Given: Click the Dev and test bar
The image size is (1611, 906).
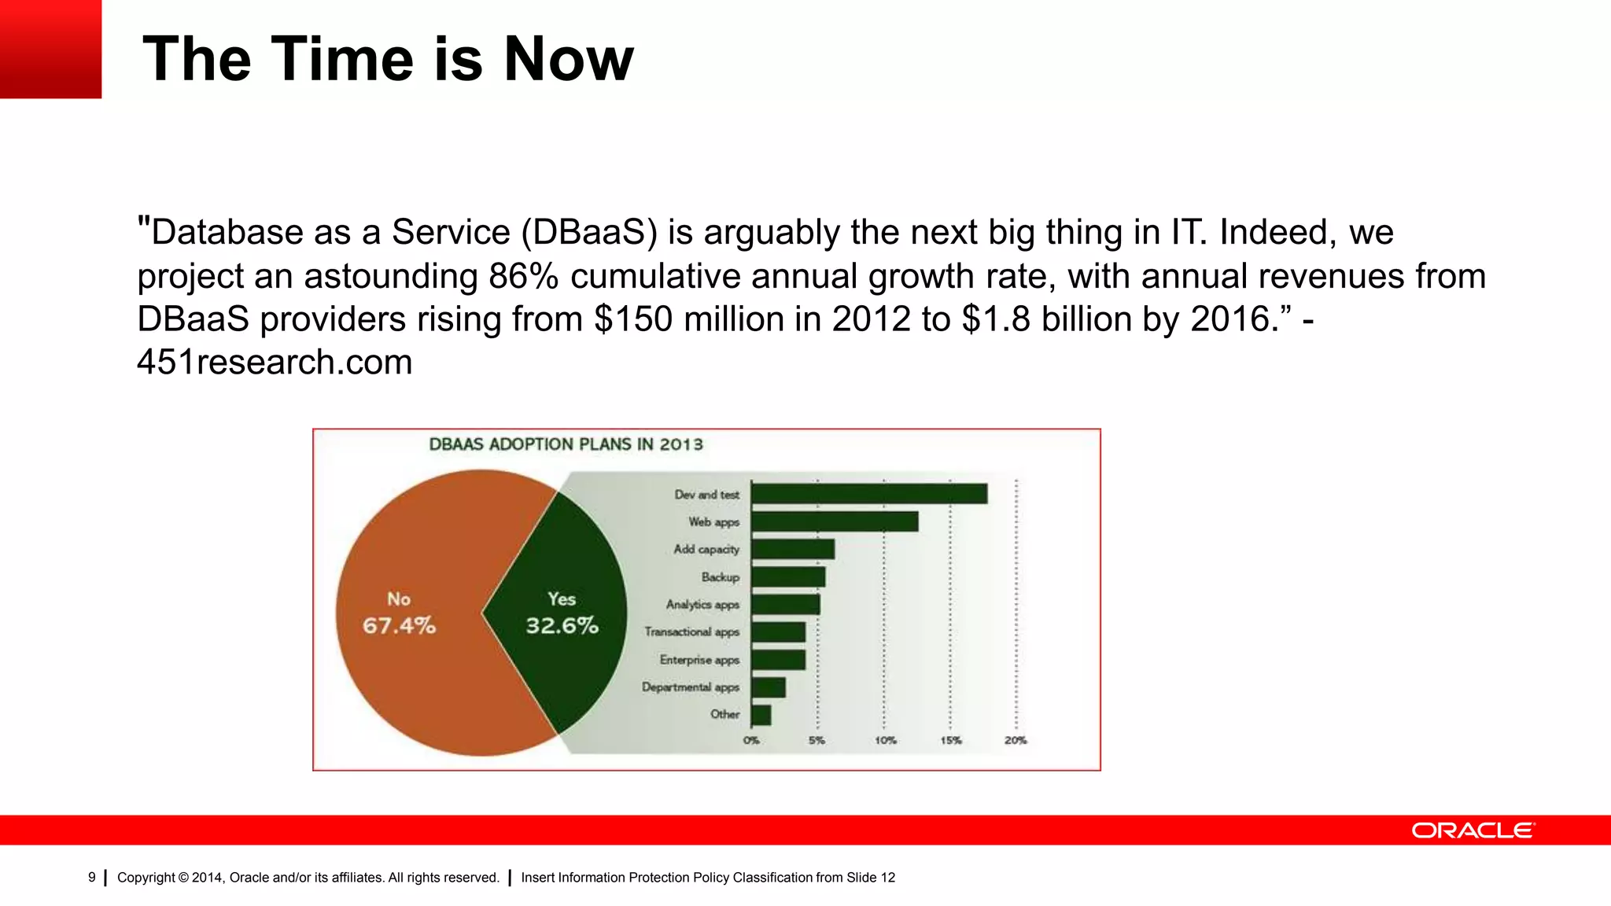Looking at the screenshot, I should tap(868, 494).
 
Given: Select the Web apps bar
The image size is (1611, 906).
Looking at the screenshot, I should tap(834, 521).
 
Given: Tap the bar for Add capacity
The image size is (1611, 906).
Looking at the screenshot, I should tap(792, 549).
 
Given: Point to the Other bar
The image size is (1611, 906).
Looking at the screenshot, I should tap(761, 715).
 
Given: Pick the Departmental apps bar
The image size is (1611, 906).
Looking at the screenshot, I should tap(768, 687).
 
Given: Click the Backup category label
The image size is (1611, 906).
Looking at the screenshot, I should tap(720, 577).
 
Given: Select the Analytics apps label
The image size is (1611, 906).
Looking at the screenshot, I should tap(702, 605).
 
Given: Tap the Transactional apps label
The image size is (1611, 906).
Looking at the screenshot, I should tap(691, 632).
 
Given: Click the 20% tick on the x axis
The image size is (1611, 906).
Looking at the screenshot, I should tap(1015, 741).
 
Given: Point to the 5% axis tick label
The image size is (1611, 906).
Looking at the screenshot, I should tap(817, 741).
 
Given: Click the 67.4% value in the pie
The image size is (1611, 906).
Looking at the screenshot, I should tap(399, 626).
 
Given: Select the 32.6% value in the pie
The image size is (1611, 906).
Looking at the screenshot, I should tap(562, 626).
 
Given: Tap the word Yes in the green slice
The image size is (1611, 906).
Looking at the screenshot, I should tap(562, 599).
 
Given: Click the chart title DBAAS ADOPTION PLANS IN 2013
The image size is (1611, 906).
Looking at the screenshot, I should tap(566, 444).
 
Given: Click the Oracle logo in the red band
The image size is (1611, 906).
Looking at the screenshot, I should tap(1473, 830).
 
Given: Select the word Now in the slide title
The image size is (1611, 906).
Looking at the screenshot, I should tap(568, 59).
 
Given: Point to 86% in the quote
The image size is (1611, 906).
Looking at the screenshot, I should tap(524, 277).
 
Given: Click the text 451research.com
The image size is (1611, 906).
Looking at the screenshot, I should tap(275, 363).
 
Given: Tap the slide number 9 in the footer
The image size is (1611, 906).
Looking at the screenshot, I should tap(92, 878).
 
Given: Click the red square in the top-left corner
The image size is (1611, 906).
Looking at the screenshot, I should tap(50, 49).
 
